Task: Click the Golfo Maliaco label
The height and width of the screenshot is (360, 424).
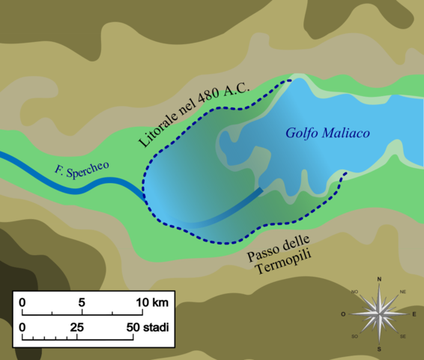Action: [329, 133]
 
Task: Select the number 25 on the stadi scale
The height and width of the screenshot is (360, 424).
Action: [77, 327]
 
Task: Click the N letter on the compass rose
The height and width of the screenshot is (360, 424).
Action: [379, 279]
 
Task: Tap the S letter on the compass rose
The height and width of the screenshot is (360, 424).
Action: [379, 349]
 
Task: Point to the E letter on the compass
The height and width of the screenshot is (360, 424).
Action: [414, 314]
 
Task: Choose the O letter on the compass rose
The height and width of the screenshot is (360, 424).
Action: [343, 314]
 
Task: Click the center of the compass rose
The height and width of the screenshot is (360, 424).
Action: [379, 314]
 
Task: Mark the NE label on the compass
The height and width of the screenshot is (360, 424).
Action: [403, 291]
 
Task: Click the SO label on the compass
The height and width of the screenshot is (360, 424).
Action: [354, 337]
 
